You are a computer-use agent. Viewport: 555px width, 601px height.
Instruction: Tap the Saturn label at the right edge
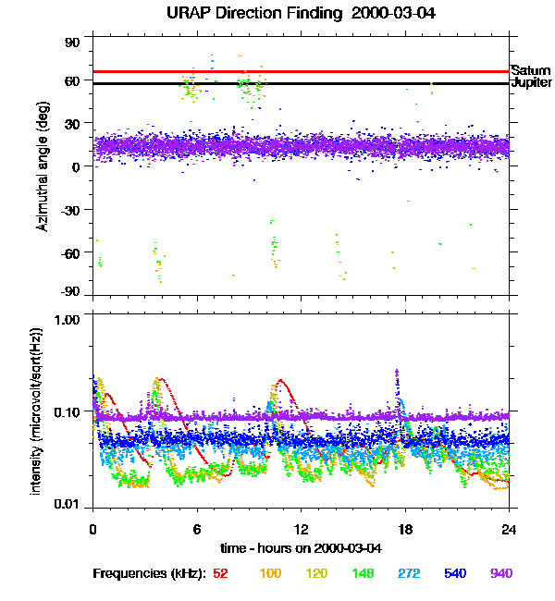[530, 70]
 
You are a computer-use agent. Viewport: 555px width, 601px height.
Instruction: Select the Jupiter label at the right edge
[531, 83]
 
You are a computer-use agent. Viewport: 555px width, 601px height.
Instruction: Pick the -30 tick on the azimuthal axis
[70, 209]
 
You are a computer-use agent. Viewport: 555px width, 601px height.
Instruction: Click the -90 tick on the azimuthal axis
[70, 292]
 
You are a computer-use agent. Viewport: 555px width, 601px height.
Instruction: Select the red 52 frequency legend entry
[220, 573]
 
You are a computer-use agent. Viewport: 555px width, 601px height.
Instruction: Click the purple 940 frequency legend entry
[500, 573]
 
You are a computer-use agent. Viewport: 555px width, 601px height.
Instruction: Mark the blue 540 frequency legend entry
[453, 573]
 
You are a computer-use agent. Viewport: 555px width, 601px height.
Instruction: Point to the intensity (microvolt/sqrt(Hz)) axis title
[38, 410]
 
